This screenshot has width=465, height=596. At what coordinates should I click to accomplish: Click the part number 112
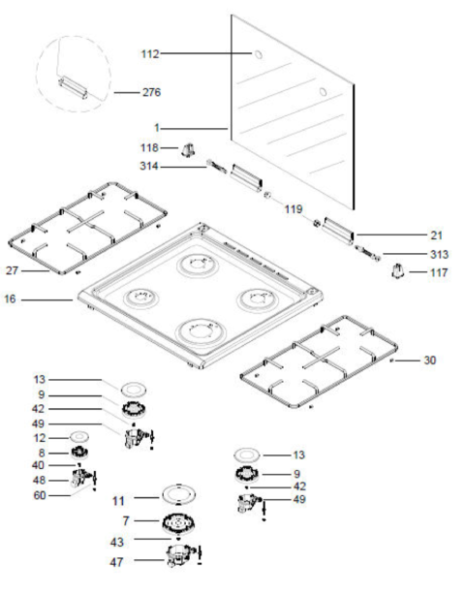tap(150, 54)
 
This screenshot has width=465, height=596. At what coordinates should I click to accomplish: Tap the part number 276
tap(151, 92)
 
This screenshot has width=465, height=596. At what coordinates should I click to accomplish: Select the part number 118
tap(149, 147)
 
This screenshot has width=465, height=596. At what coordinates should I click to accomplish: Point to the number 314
tap(149, 166)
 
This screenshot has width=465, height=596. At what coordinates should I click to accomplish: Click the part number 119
tap(294, 209)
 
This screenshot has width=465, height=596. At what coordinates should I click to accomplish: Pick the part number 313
tap(439, 254)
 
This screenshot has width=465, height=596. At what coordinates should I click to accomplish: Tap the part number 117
tap(439, 272)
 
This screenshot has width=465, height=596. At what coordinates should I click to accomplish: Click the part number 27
tap(13, 270)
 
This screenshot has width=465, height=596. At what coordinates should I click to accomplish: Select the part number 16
tap(11, 299)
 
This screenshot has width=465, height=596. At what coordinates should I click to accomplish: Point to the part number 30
tap(430, 360)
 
